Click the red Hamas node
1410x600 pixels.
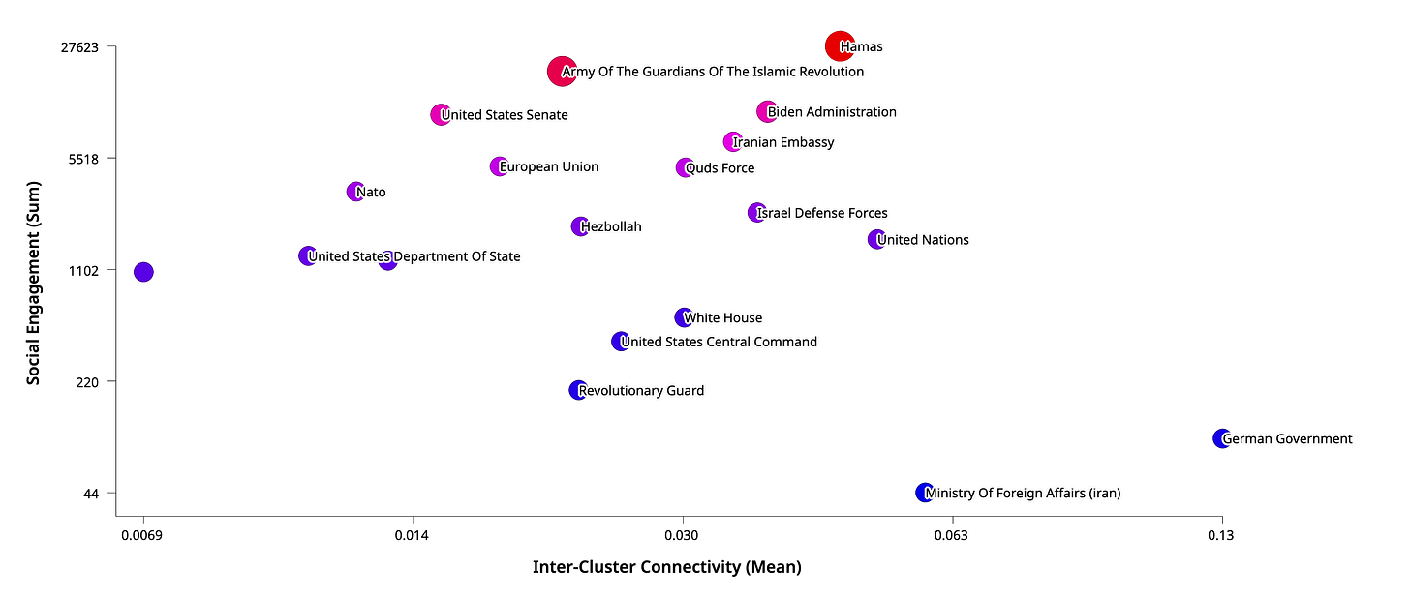pos(838,45)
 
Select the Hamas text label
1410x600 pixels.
pos(862,46)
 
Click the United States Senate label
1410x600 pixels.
pos(505,115)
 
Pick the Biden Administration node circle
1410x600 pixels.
pos(767,111)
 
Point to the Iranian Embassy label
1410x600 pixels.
pos(783,142)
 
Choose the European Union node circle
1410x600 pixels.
pos(498,166)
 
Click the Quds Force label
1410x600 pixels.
pos(720,168)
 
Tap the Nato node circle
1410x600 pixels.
pos(354,192)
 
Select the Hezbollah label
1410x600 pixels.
pos(611,227)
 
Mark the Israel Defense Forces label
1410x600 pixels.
pos(822,213)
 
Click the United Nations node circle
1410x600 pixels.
pos(875,239)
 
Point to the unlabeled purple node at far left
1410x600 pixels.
pos(143,272)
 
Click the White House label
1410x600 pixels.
pos(723,317)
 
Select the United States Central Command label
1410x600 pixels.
pos(720,342)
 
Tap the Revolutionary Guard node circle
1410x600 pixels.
pos(577,390)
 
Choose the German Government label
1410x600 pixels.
pos(1287,439)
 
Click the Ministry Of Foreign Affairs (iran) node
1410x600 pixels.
pos(924,493)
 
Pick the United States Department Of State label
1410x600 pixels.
pos(414,257)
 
